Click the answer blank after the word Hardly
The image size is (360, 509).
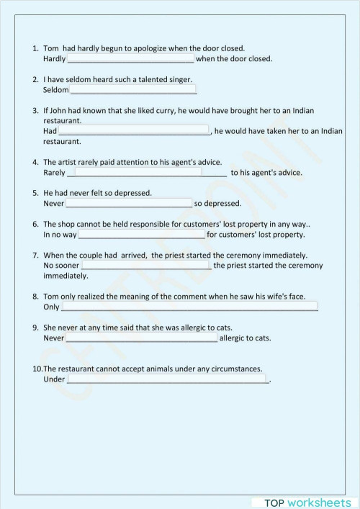tap(130, 59)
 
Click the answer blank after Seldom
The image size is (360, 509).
tap(133, 90)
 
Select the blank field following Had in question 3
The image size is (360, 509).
tap(134, 131)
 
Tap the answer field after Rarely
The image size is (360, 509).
tap(147, 173)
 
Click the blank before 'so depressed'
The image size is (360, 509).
tap(129, 204)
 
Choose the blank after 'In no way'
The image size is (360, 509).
tap(141, 235)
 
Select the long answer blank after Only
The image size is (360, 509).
tap(189, 307)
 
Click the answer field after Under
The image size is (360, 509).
tap(167, 379)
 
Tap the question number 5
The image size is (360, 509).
tap(35, 193)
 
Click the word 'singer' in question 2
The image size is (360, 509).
tap(180, 79)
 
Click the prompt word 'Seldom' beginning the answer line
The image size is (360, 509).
tap(56, 90)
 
